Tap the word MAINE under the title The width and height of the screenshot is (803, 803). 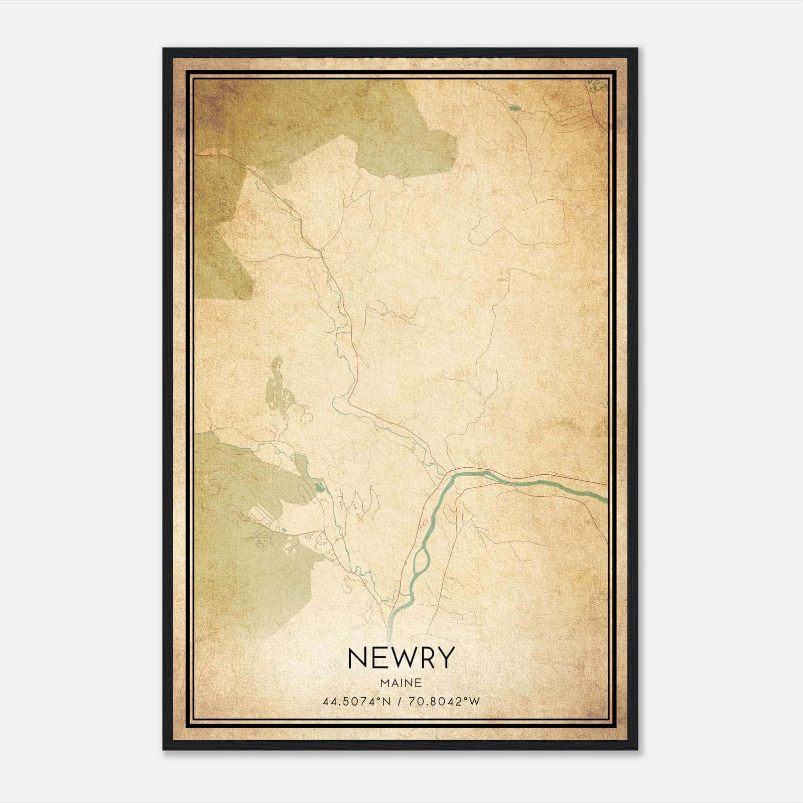(400, 683)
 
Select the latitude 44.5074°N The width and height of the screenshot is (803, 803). (357, 702)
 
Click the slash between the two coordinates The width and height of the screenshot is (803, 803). (400, 702)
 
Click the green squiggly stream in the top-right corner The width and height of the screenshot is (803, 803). (597, 86)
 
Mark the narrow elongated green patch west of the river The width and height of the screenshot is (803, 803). (276, 386)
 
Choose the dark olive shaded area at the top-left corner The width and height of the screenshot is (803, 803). (216, 105)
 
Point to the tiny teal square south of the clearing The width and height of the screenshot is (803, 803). (284, 529)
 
